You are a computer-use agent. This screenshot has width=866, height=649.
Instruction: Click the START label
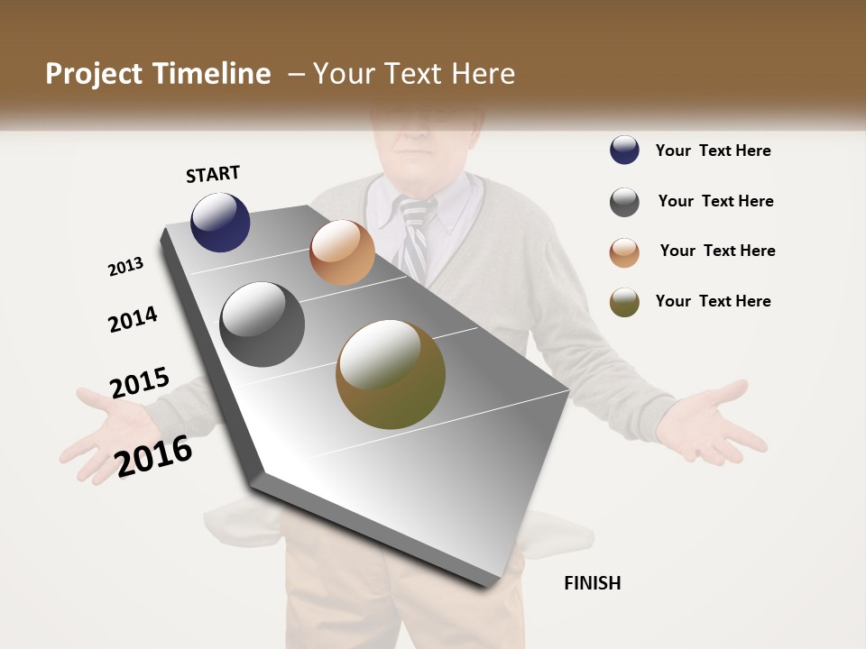[213, 173]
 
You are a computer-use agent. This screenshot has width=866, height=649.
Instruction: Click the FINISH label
[593, 583]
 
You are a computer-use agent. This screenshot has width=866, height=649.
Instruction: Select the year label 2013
[125, 267]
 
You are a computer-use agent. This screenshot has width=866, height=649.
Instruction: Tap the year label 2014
[133, 320]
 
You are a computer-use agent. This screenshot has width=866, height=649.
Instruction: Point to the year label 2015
[140, 383]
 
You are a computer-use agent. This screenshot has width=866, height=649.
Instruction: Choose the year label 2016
[154, 455]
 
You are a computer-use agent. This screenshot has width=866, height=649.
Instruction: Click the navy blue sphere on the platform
[220, 222]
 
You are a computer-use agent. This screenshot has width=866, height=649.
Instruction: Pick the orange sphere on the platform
[342, 252]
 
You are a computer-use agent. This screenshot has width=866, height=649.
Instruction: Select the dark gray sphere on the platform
[263, 324]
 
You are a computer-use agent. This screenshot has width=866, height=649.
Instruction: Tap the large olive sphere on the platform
[391, 374]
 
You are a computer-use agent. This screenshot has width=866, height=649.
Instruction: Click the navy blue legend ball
[624, 151]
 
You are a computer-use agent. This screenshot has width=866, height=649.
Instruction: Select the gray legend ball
[624, 202]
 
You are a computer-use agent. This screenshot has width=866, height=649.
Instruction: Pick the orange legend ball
[624, 252]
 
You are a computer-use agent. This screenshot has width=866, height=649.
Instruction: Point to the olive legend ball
[624, 302]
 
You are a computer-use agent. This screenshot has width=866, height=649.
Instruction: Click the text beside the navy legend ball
[713, 151]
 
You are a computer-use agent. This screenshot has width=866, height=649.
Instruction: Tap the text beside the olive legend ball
[713, 301]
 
